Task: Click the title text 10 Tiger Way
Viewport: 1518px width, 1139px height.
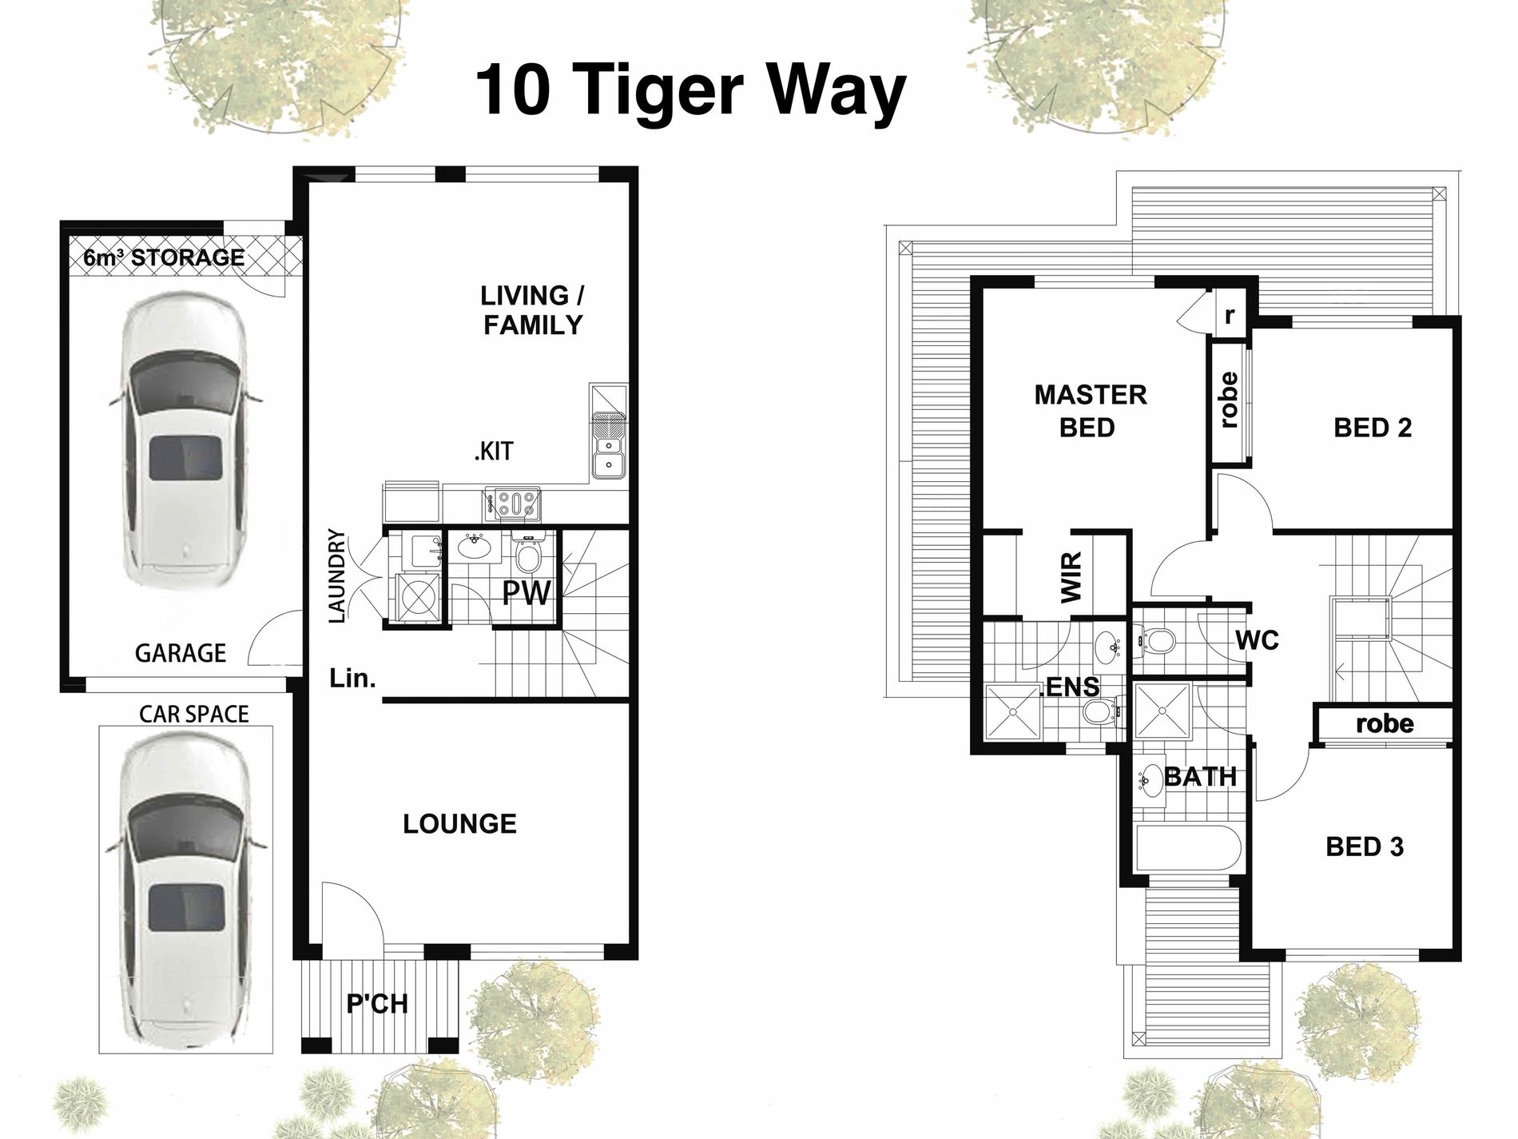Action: [x=691, y=91]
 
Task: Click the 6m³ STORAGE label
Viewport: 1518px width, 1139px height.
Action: [x=164, y=257]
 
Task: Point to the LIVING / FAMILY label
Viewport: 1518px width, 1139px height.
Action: [x=533, y=310]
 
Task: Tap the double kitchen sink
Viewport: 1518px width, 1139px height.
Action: [x=609, y=451]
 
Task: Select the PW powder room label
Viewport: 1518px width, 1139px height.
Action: [x=526, y=593]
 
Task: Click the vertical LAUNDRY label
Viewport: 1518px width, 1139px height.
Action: [x=337, y=575]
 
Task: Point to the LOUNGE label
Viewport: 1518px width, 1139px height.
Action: [x=459, y=823]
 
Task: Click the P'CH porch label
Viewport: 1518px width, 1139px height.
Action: [x=377, y=1003]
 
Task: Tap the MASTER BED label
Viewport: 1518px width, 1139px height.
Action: [x=1089, y=411]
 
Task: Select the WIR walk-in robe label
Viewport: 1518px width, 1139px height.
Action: [x=1071, y=577]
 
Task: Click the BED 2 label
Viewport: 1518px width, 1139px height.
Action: [x=1373, y=428]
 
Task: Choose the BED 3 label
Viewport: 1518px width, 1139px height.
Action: [x=1365, y=846]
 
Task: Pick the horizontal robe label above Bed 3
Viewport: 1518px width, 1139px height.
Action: [x=1385, y=724]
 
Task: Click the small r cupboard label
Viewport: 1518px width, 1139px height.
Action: [x=1230, y=315]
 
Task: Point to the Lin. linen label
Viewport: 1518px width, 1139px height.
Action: [x=352, y=679]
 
